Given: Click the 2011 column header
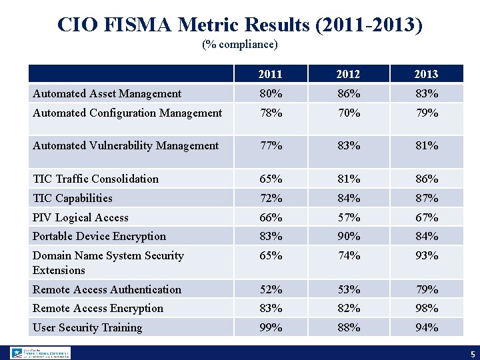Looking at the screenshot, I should (x=271, y=74).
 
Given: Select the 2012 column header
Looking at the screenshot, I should (x=348, y=74).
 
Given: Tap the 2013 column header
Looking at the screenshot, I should (x=426, y=74).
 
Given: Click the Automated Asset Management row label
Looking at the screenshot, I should (x=107, y=94).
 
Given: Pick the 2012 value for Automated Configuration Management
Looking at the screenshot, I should (x=348, y=113).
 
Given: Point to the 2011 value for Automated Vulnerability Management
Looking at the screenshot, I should (x=271, y=145).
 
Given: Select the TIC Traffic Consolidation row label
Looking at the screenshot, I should (x=95, y=179).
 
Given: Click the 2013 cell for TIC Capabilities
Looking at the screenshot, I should (x=426, y=198).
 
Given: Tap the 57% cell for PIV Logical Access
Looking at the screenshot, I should (x=348, y=217).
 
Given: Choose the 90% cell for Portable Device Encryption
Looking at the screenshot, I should (x=348, y=236).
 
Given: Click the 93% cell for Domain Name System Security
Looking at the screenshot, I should (x=426, y=255).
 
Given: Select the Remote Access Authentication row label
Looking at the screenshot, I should (x=107, y=289).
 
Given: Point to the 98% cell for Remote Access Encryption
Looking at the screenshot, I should (x=426, y=308).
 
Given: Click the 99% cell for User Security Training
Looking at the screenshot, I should (x=271, y=327).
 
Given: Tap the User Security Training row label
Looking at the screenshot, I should (x=87, y=327).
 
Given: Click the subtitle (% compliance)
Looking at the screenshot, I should (x=239, y=45).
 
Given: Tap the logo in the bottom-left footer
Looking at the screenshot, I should (x=40, y=353).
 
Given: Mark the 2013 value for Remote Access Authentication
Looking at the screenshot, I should (x=426, y=289).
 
